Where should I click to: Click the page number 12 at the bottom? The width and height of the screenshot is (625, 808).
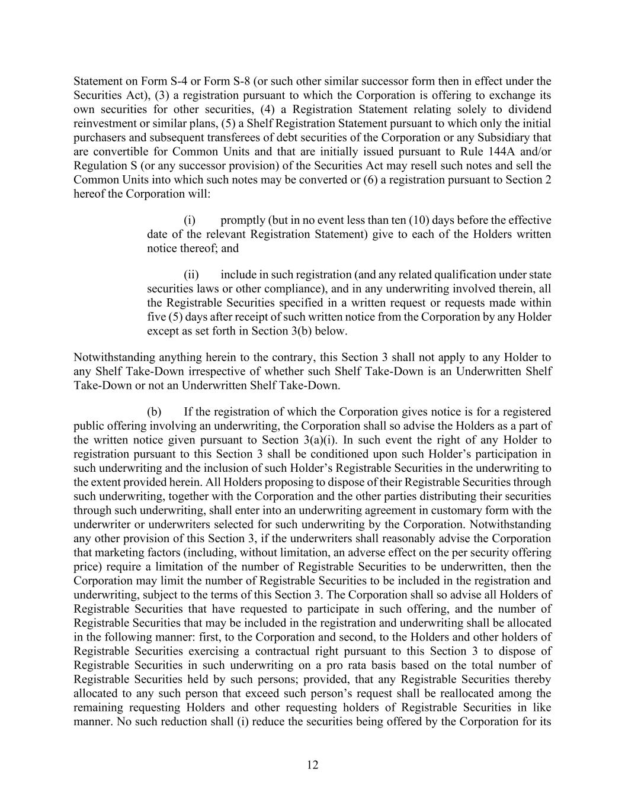pos(313,765)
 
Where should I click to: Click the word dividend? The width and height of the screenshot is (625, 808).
pos(531,110)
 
